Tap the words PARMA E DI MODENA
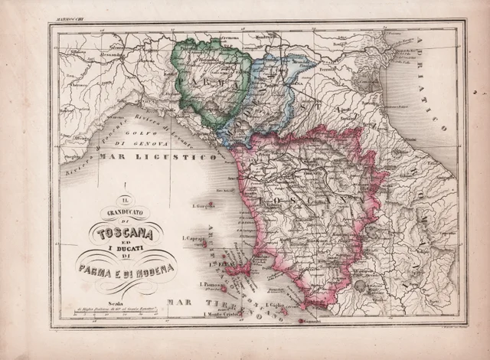pos(126,268)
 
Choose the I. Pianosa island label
pos(210,285)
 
